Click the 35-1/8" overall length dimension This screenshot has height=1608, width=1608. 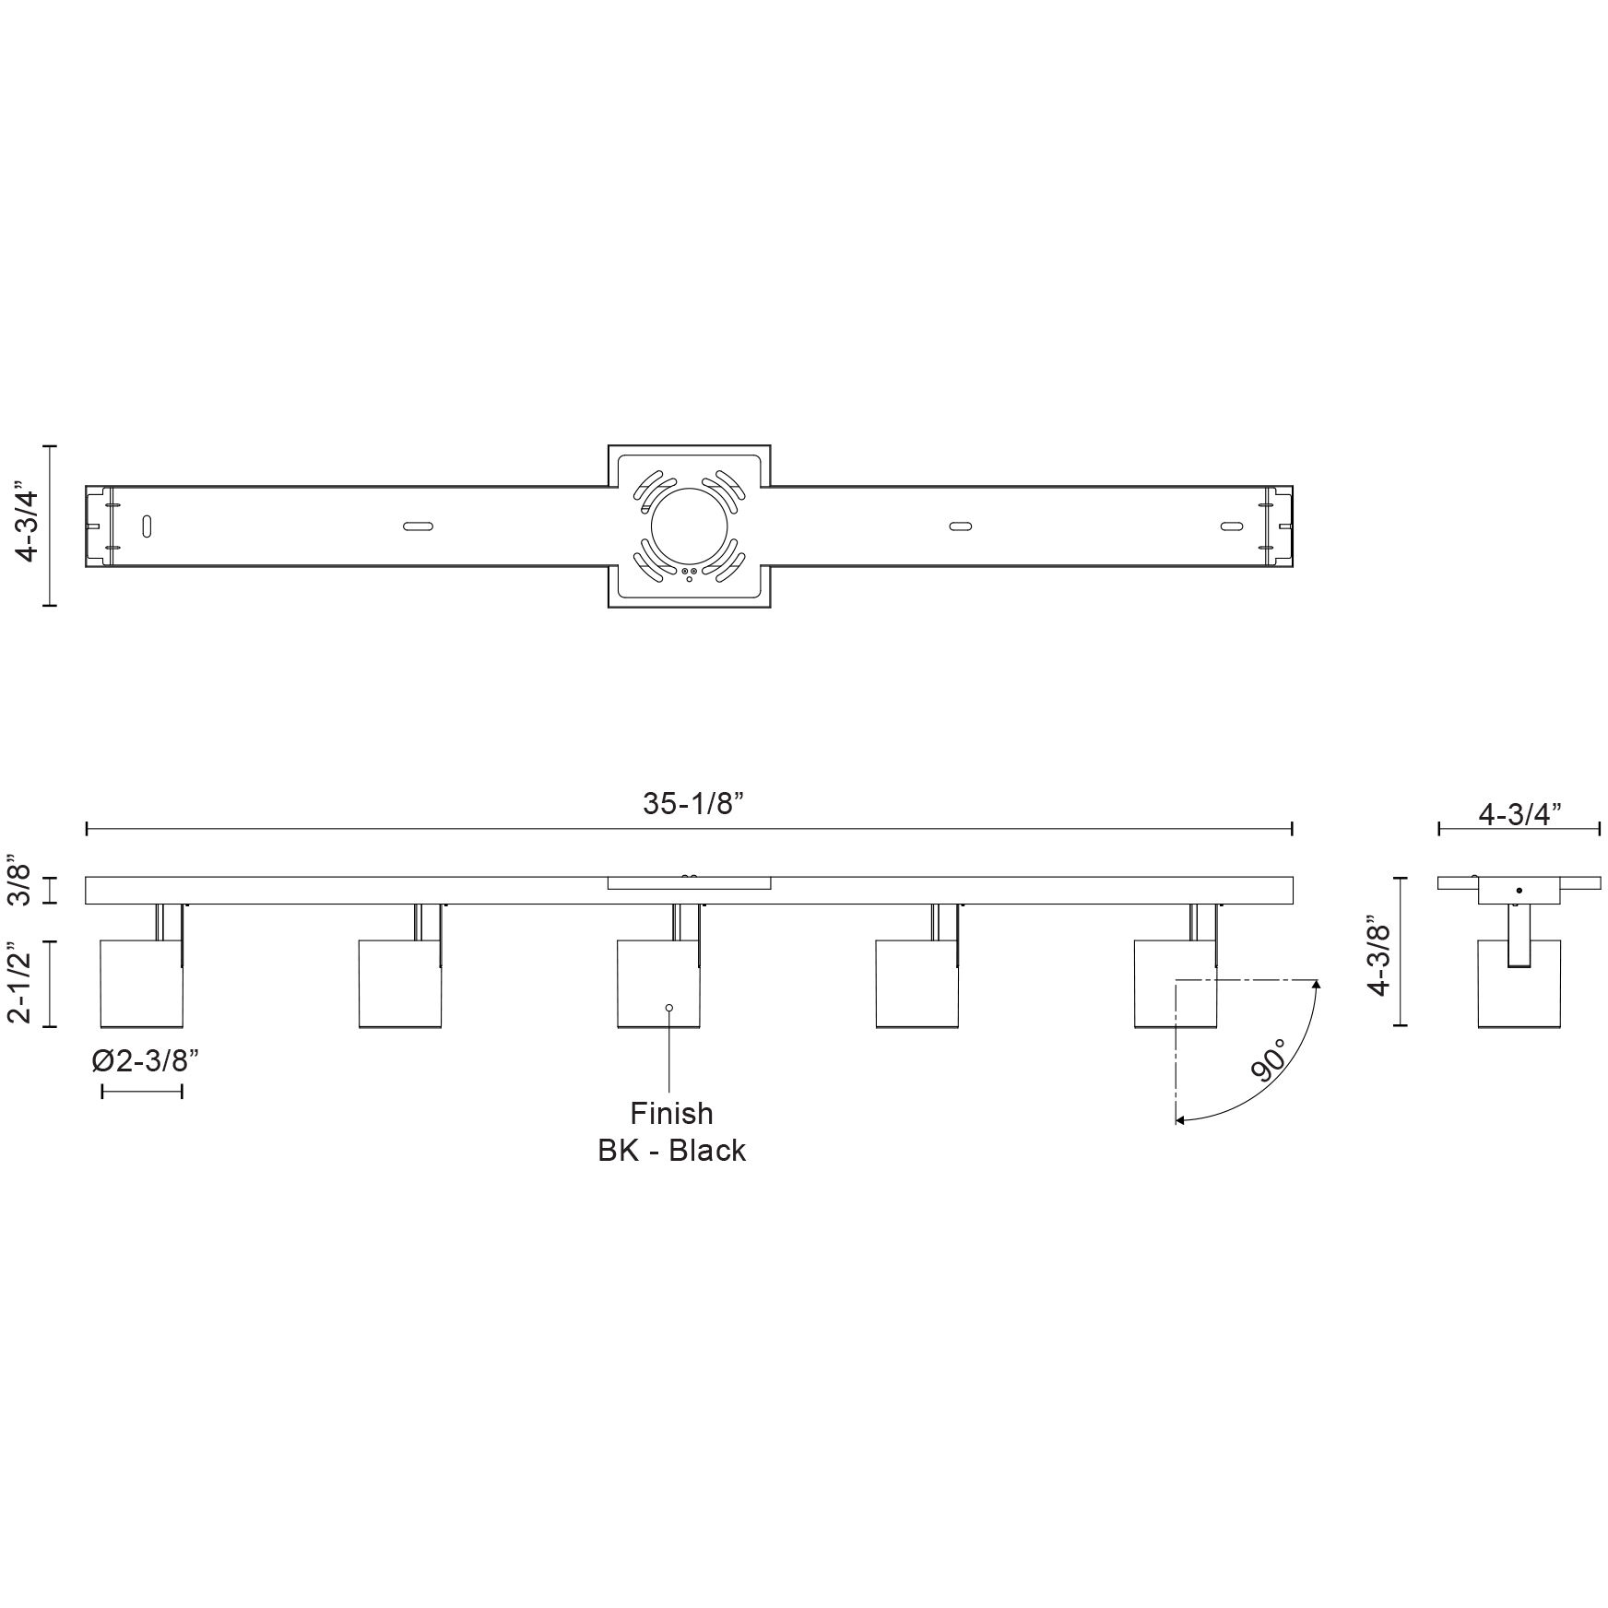tap(692, 804)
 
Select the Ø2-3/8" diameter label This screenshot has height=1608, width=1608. tap(146, 1061)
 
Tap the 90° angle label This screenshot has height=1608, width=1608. tap(1270, 1059)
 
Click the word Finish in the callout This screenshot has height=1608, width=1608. tap(671, 1114)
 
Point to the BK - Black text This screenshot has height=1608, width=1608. tap(671, 1151)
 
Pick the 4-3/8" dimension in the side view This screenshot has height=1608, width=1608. tap(1379, 955)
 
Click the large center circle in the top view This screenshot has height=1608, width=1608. tap(689, 526)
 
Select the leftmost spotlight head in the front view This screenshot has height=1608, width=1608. tap(141, 983)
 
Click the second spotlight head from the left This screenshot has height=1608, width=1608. tap(399, 983)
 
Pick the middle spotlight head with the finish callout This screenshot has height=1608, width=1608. tap(657, 983)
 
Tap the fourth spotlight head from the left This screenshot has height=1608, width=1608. tap(916, 983)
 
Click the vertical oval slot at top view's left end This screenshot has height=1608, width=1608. tap(147, 526)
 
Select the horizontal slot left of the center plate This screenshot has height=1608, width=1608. tap(418, 526)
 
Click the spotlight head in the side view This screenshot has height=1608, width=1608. tap(1519, 987)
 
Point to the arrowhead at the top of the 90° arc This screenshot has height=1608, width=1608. tap(1317, 987)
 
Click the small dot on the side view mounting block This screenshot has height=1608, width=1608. tap(1519, 891)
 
